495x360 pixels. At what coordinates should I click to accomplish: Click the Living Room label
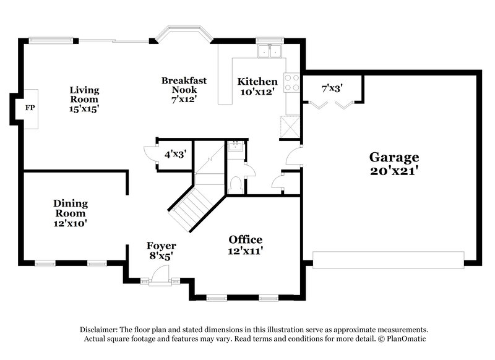click(x=84, y=99)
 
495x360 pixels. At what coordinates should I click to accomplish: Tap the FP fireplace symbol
click(x=28, y=108)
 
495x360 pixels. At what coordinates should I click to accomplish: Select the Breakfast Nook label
click(x=184, y=90)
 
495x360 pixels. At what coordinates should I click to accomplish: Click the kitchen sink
click(x=270, y=50)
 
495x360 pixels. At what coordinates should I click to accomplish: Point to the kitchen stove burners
click(x=291, y=83)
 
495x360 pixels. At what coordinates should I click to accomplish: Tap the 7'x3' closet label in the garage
click(x=332, y=88)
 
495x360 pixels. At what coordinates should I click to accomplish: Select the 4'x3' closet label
click(x=175, y=153)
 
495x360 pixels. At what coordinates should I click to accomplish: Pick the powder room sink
click(x=235, y=147)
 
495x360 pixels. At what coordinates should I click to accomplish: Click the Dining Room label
click(x=70, y=213)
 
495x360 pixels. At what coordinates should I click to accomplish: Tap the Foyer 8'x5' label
click(x=161, y=250)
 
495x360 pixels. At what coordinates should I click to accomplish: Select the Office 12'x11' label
click(x=245, y=245)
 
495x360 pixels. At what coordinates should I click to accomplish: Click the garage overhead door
click(x=389, y=260)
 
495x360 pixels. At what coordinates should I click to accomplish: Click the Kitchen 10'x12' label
click(x=258, y=87)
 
